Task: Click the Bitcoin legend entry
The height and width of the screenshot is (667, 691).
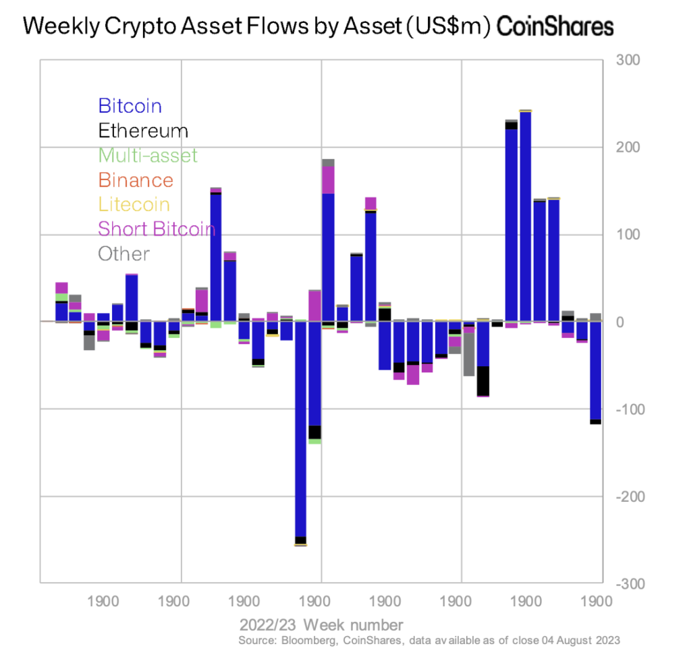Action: click(x=130, y=106)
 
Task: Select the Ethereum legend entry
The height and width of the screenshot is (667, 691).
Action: click(x=143, y=130)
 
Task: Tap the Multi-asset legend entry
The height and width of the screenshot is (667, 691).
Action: click(x=148, y=155)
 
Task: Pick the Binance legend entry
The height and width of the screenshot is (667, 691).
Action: click(x=135, y=180)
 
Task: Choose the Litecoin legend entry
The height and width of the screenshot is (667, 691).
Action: click(x=134, y=204)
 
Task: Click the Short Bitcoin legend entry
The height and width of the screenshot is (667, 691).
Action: click(x=156, y=229)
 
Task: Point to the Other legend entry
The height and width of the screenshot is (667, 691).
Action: click(x=123, y=254)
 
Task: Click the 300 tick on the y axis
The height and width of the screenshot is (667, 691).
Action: click(x=629, y=61)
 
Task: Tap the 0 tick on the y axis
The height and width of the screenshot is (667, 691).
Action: click(x=624, y=322)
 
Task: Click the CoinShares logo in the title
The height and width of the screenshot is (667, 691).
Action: click(x=555, y=27)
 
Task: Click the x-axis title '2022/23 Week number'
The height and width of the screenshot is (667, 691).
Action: click(x=321, y=624)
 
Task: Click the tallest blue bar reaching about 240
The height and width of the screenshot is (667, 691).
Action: click(x=524, y=216)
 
